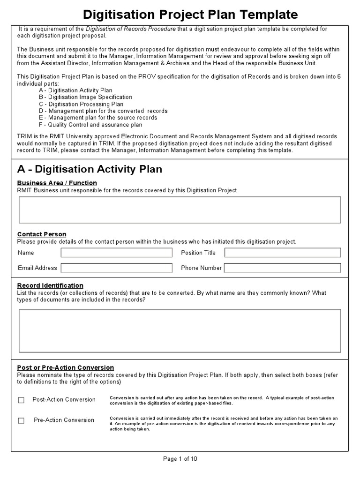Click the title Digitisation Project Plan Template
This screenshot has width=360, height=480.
click(190, 14)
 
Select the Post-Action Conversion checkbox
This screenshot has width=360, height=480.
click(21, 400)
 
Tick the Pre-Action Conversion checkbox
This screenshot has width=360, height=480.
click(21, 420)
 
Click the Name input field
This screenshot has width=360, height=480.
click(116, 253)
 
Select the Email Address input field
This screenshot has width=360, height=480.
click(116, 268)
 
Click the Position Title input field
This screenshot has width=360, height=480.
click(283, 253)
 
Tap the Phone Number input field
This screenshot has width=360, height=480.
click(283, 268)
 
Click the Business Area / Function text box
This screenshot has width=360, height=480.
click(180, 210)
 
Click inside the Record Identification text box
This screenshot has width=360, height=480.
click(180, 330)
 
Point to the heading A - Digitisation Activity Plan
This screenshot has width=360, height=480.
click(90, 169)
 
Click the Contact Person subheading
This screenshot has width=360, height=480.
click(42, 234)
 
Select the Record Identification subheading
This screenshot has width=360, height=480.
click(50, 285)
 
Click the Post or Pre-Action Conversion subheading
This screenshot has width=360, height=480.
click(65, 367)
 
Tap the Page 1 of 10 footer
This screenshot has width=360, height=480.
click(180, 459)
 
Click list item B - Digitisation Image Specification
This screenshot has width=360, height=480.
click(85, 97)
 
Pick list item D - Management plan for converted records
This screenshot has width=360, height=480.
click(103, 111)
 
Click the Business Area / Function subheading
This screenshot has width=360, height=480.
click(57, 183)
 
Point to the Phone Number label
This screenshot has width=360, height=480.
click(201, 268)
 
